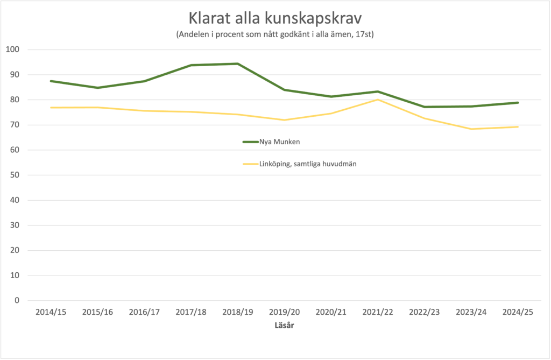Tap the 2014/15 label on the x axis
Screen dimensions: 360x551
(x=51, y=313)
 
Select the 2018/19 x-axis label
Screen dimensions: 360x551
(x=238, y=313)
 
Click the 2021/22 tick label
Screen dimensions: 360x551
(x=378, y=313)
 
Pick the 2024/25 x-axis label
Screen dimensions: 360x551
(x=518, y=313)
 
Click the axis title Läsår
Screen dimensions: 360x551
(x=284, y=326)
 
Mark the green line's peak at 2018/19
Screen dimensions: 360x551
(x=238, y=63)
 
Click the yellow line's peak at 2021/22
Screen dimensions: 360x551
(x=378, y=100)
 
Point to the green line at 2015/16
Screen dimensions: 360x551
(x=98, y=88)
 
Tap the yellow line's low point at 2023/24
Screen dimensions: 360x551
(x=471, y=129)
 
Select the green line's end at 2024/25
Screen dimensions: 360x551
(x=518, y=103)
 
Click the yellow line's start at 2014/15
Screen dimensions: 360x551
(x=51, y=108)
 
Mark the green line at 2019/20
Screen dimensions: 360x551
(x=285, y=90)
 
